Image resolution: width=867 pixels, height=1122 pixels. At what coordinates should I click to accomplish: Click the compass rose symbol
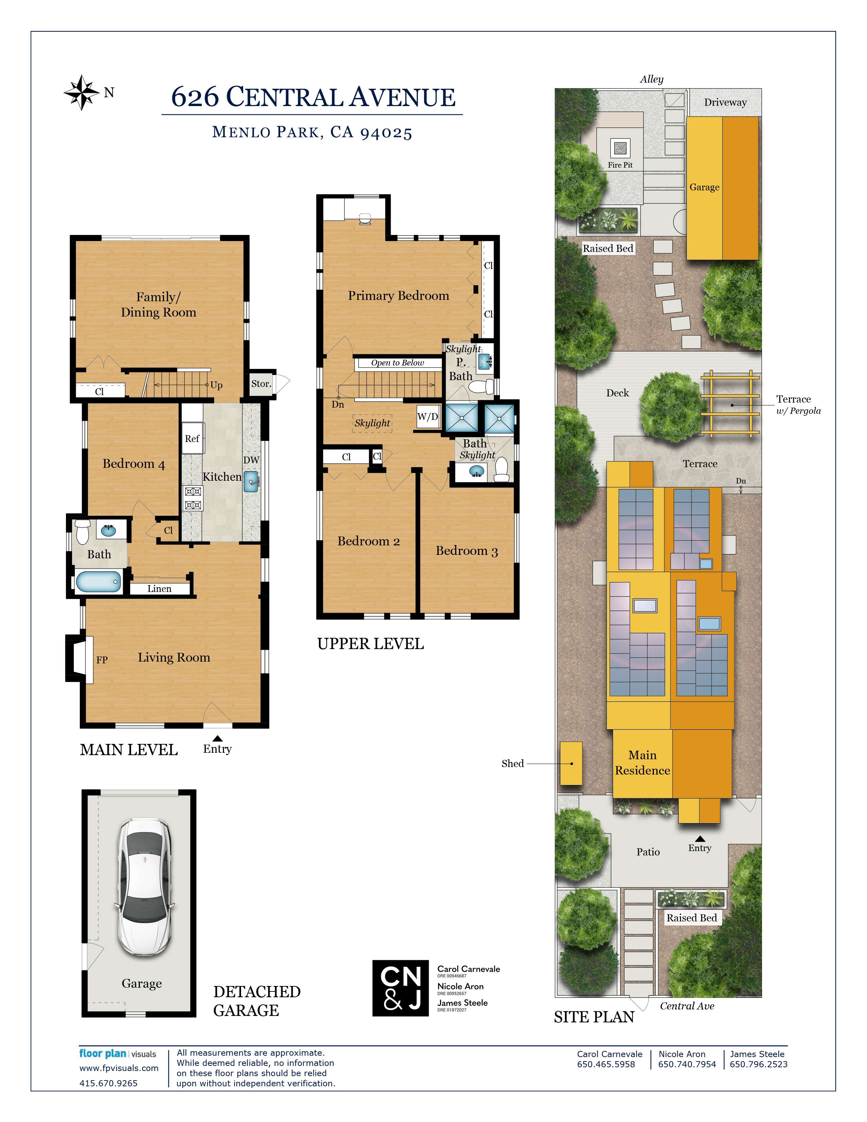pos(82,92)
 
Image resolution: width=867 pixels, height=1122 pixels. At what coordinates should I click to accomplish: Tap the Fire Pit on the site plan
pos(620,149)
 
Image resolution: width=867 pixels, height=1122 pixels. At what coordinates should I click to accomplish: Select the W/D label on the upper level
pos(427,417)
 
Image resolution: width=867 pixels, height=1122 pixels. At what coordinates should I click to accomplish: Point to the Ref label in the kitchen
pos(192,439)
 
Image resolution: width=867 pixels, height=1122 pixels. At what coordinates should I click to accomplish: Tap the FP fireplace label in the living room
pos(102,660)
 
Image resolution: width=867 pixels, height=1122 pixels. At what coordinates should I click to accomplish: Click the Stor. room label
pos(261,384)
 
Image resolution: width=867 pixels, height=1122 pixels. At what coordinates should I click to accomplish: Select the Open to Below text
pos(397,363)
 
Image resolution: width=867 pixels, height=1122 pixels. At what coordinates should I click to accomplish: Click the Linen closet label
pos(159,589)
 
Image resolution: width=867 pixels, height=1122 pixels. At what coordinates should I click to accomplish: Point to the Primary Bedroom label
pos(398,296)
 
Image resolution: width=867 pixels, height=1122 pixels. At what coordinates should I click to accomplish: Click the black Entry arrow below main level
pos(217,738)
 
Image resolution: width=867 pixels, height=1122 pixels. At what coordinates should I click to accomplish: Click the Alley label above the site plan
pos(651,79)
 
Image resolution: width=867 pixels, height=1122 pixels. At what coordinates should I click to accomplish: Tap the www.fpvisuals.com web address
pos(119,1068)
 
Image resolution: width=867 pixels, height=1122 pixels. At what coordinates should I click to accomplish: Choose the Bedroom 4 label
pos(134,464)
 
